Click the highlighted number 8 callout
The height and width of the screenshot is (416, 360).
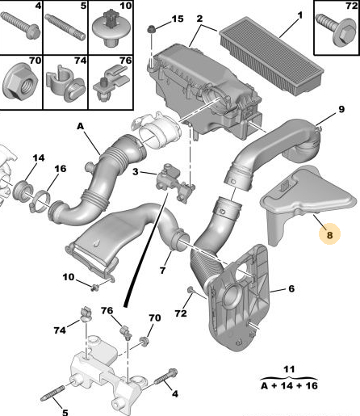coord(329,234)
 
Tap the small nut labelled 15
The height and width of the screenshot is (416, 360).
coord(151,29)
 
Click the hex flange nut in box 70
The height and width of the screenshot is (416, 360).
coord(20,82)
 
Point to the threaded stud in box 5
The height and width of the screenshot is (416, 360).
coord(65,27)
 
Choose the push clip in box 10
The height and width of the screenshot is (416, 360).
coord(111,27)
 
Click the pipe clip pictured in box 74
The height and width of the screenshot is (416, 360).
coord(65,82)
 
